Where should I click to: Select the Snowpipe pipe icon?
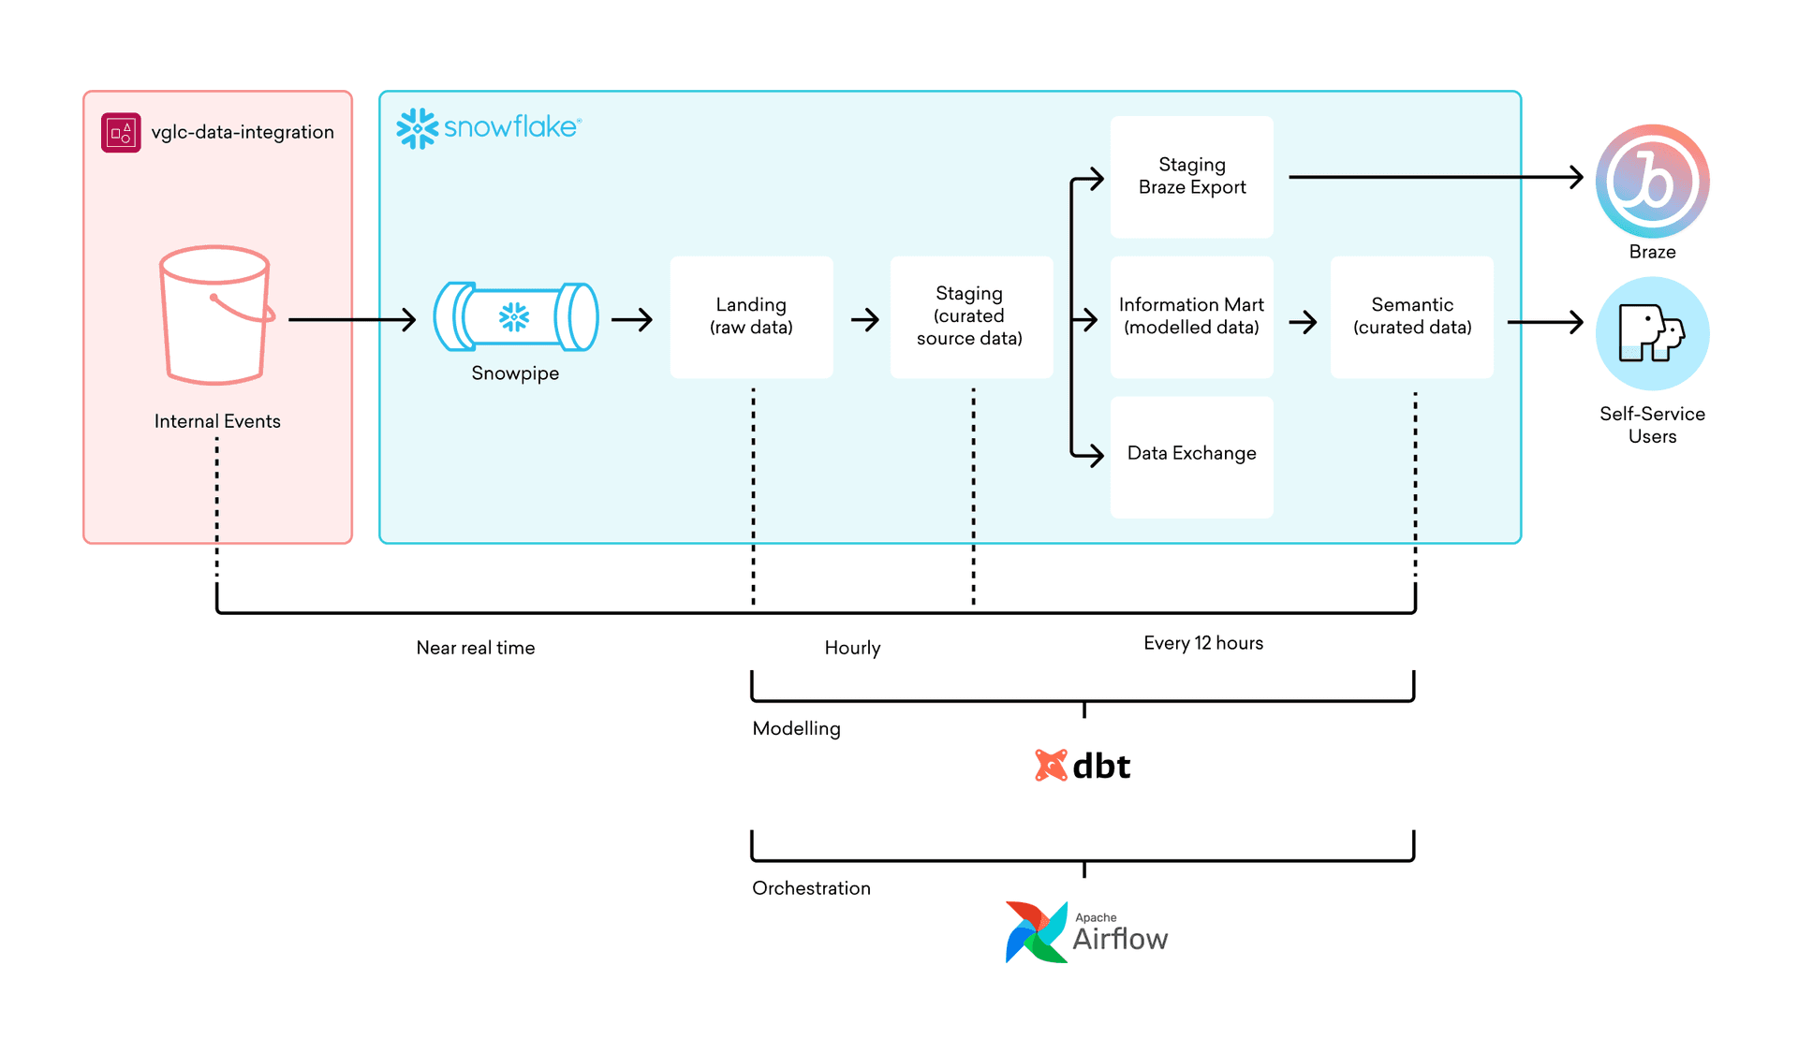(x=515, y=317)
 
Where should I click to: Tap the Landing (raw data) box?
(x=751, y=316)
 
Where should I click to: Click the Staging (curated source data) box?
(x=970, y=316)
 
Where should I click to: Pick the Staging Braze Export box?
(x=1191, y=176)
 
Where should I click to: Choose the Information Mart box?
(x=1191, y=316)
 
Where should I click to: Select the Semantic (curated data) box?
(x=1411, y=316)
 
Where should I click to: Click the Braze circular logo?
(x=1652, y=181)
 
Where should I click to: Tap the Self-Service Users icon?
(x=1652, y=333)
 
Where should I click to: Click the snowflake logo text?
(x=511, y=127)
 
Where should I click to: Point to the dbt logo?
(x=1083, y=766)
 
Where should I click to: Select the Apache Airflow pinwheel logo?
(x=1036, y=932)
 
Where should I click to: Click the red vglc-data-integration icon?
(x=121, y=133)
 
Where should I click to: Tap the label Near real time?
(x=476, y=648)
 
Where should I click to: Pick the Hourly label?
(x=852, y=648)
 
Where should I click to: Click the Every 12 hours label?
(x=1202, y=643)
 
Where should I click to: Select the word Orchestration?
(x=811, y=888)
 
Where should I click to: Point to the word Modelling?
(x=796, y=728)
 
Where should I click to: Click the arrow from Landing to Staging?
(x=864, y=320)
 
